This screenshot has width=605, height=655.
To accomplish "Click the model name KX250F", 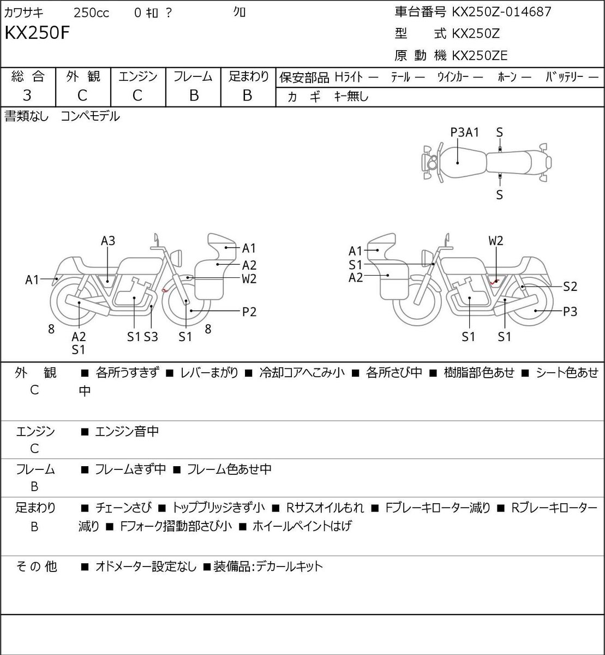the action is pyautogui.click(x=37, y=33).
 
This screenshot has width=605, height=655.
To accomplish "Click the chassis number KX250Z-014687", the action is pyautogui.click(x=501, y=12).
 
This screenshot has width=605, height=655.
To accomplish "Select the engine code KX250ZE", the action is pyautogui.click(x=480, y=56).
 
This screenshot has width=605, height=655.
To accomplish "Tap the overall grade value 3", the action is pyautogui.click(x=27, y=96).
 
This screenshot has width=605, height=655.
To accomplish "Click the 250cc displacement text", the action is pyautogui.click(x=91, y=13).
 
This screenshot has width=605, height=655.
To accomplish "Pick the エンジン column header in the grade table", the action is pyautogui.click(x=138, y=76).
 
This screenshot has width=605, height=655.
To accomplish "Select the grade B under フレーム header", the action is pyautogui.click(x=194, y=96).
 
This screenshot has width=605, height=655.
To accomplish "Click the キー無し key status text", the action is pyautogui.click(x=351, y=96).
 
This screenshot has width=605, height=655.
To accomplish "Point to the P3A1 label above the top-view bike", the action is pyautogui.click(x=465, y=132).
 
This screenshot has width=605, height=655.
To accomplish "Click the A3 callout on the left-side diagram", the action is pyautogui.click(x=108, y=241).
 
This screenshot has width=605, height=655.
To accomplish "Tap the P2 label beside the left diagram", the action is pyautogui.click(x=249, y=312).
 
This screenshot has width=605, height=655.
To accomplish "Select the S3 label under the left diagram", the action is pyautogui.click(x=151, y=337).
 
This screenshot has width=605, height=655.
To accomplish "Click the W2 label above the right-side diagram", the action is pyautogui.click(x=496, y=241).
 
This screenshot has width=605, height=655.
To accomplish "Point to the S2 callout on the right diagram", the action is pyautogui.click(x=570, y=287).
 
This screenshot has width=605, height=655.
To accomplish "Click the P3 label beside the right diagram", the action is pyautogui.click(x=570, y=312).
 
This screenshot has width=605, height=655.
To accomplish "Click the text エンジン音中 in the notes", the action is pyautogui.click(x=127, y=431).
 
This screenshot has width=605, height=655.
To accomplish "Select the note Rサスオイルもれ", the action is pyautogui.click(x=325, y=508).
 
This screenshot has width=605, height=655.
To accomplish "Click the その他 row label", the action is pyautogui.click(x=36, y=566).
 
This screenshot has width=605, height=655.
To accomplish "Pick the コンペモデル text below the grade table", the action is pyautogui.click(x=90, y=116).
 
